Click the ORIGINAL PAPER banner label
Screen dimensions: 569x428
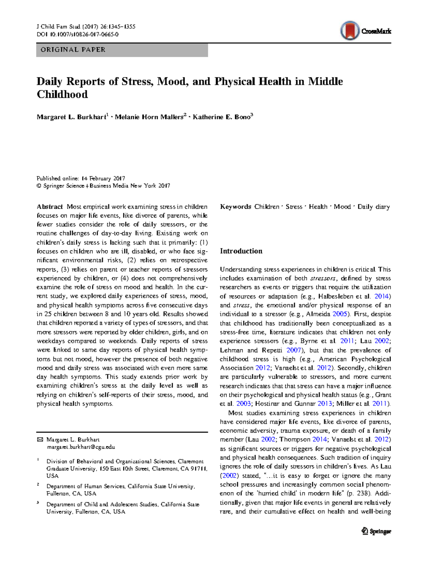pyautogui.click(x=73, y=50)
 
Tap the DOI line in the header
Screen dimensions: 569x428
pyautogui.click(x=78, y=35)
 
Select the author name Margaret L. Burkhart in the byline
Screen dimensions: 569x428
pyautogui.click(x=71, y=117)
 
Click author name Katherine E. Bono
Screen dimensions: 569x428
pyautogui.click(x=221, y=117)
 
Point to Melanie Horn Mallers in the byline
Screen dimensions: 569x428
pyautogui.click(x=149, y=117)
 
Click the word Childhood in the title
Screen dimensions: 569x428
pyautogui.click(x=62, y=95)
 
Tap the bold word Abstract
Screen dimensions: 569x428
pyautogui.click(x=50, y=207)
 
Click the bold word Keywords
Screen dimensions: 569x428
pyautogui.click(x=236, y=207)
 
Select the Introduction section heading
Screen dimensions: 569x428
pyautogui.click(x=241, y=251)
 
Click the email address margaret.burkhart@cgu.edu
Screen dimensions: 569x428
pyautogui.click(x=81, y=447)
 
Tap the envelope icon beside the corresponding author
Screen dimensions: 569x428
pyautogui.click(x=40, y=440)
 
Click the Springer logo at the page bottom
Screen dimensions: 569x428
pyautogui.click(x=376, y=531)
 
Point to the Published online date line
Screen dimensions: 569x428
pyautogui.click(x=81, y=178)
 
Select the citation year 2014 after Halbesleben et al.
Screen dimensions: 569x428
pyautogui.click(x=382, y=296)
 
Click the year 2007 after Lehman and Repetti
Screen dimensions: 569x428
pyautogui.click(x=294, y=350)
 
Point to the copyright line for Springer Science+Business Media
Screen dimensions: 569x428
pyautogui.click(x=103, y=186)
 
